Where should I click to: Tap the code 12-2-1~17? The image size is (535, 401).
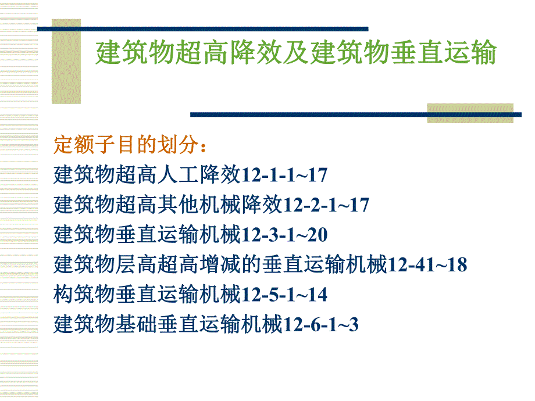325,205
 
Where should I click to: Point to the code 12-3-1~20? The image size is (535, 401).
284,235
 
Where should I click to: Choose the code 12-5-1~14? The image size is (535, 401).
284,295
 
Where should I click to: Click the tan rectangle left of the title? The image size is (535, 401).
66,61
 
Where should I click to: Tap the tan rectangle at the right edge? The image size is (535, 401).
470,113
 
